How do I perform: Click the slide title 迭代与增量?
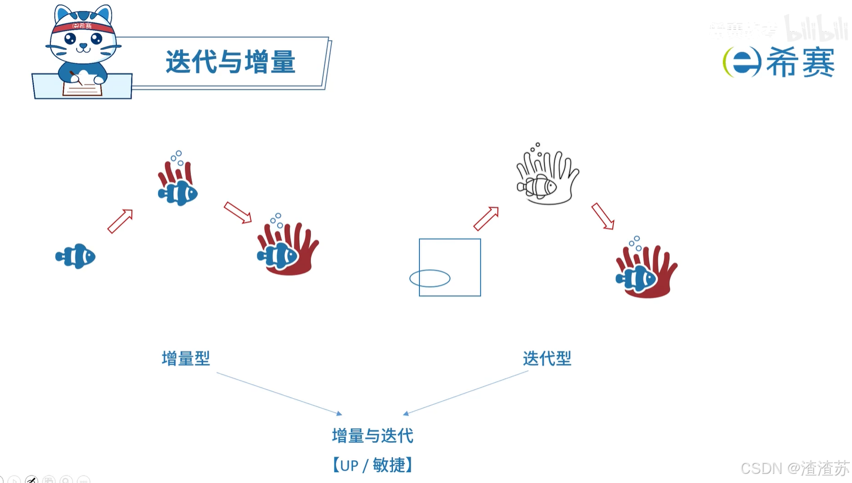coord(230,62)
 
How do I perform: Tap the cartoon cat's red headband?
coord(83,26)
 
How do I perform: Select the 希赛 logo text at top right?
coord(800,62)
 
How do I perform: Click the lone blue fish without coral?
coord(76,257)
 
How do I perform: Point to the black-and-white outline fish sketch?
coord(537,186)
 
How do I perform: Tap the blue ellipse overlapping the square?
coord(429,279)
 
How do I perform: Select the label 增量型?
coord(186,358)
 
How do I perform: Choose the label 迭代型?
coord(547,358)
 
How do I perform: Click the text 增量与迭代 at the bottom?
coord(373,436)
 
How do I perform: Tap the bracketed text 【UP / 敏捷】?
coord(373,465)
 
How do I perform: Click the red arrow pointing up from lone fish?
coord(120,221)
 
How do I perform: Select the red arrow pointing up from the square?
coord(486,218)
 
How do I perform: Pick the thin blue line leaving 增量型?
coord(279,393)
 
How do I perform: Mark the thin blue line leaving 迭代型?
coord(465,393)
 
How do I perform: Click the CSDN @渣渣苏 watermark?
coord(795,469)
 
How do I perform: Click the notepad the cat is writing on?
coord(82,88)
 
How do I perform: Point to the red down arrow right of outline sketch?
coord(603,216)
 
